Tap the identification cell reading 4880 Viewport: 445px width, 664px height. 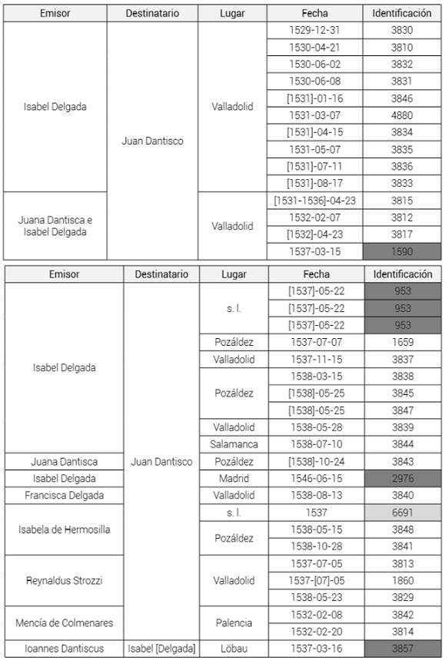tap(401, 115)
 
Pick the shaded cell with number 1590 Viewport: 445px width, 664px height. tap(401, 251)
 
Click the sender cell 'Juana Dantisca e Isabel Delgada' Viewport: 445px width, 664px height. tap(54, 225)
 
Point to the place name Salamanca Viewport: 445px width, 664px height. tap(234, 444)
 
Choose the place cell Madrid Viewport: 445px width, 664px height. tap(234, 478)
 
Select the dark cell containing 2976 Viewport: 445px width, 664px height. tap(403, 478)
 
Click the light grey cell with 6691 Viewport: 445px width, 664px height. tap(403, 512)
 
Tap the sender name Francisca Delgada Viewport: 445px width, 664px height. tap(64, 495)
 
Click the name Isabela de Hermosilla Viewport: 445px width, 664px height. tap(64, 529)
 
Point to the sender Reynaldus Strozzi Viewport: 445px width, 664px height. tap(64, 580)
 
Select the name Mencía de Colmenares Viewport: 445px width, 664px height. tap(64, 622)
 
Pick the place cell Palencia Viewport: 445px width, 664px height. tap(234, 622)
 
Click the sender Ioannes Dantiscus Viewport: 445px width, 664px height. tap(64, 649)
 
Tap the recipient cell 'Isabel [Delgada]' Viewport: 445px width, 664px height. tap(161, 649)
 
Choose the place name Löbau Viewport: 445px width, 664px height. tap(234, 649)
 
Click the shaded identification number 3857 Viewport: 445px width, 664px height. tap(403, 649)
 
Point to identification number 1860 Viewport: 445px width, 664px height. tap(403, 580)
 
